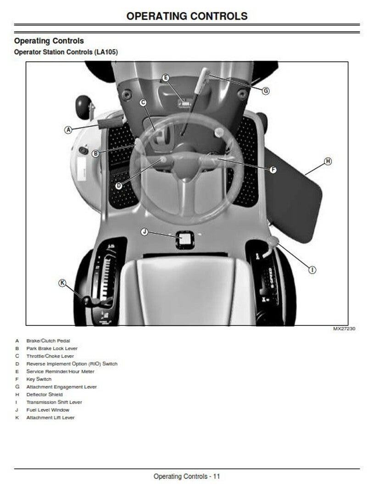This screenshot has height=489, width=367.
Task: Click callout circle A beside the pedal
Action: (68, 130)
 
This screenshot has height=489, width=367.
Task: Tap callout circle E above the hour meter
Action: (166, 78)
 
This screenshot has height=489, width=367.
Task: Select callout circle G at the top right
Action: (266, 91)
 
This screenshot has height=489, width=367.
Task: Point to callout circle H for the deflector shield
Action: (328, 161)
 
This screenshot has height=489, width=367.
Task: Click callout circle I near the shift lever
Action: (312, 270)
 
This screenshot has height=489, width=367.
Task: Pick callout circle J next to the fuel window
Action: (145, 232)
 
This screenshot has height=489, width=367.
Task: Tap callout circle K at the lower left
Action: (63, 283)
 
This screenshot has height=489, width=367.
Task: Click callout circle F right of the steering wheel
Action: (273, 170)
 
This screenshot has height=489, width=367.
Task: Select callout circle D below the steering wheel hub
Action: (118, 185)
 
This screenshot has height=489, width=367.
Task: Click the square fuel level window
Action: (185, 239)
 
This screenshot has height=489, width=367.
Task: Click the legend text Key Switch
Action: (39, 379)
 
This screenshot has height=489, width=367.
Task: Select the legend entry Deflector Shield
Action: (44, 394)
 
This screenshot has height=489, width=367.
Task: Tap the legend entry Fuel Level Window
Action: (48, 410)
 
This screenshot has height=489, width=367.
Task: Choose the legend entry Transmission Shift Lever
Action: (54, 402)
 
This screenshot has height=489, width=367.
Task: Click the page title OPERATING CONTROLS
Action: (187, 16)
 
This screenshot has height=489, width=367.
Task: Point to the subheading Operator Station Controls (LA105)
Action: (66, 52)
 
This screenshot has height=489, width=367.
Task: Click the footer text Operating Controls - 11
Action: (187, 477)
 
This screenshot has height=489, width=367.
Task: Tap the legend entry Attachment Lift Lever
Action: (50, 418)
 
